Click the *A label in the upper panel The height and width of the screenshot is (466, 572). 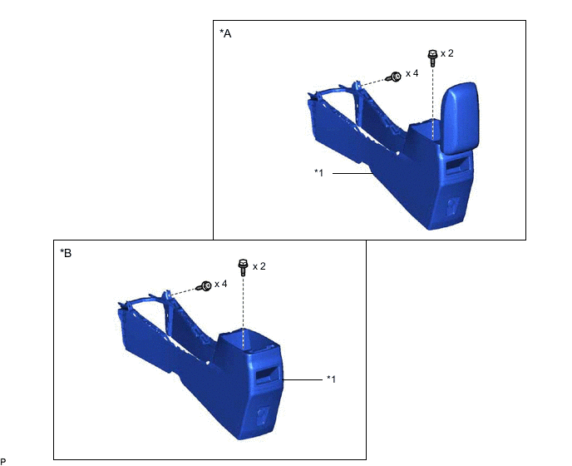pyautogui.click(x=225, y=33)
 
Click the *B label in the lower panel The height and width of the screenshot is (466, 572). pyautogui.click(x=66, y=253)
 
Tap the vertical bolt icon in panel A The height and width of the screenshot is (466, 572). pyautogui.click(x=432, y=58)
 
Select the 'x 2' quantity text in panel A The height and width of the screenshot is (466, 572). pyautogui.click(x=447, y=53)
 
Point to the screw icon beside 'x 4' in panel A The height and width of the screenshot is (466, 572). pyautogui.click(x=393, y=77)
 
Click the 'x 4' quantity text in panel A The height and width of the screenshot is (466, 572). pyautogui.click(x=412, y=73)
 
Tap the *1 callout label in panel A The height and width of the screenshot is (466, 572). pyautogui.click(x=318, y=172)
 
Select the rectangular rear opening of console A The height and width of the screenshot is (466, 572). pyautogui.click(x=456, y=163)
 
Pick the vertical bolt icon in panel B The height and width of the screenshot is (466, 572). pyautogui.click(x=243, y=268)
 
